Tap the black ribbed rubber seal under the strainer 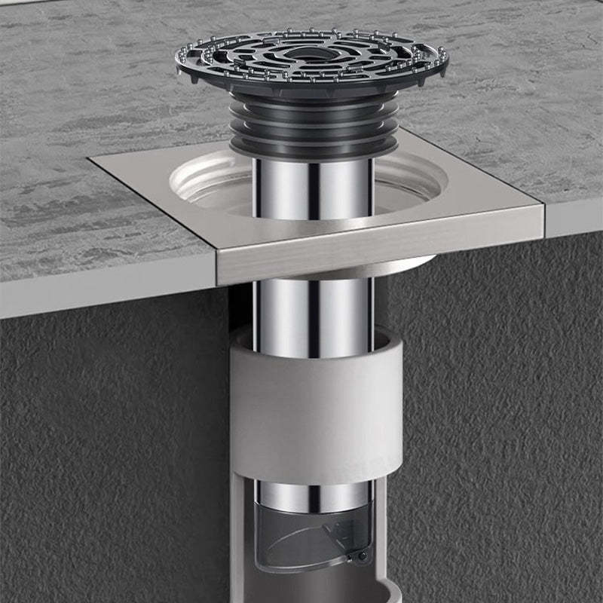tap(313, 132)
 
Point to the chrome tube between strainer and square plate tap(313, 188)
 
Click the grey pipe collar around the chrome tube tap(317, 407)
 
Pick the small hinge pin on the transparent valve tap(363, 556)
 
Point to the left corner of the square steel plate tap(90, 158)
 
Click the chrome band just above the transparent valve tap(313, 494)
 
